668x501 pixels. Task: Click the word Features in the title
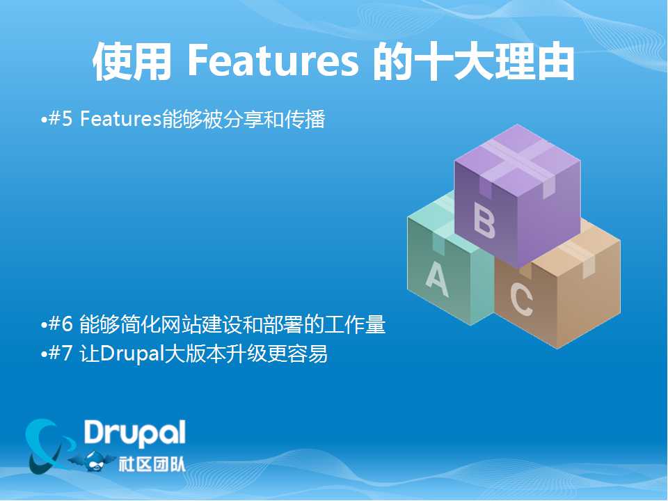point(273,61)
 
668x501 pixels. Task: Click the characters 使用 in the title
point(132,61)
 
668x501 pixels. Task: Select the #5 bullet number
point(61,118)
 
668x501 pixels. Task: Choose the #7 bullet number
point(61,353)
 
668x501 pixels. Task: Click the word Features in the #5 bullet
point(120,119)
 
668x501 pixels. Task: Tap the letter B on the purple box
point(484,219)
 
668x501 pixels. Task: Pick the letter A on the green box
point(437,279)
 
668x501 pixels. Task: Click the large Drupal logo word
point(134,434)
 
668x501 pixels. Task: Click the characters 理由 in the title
point(534,61)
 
